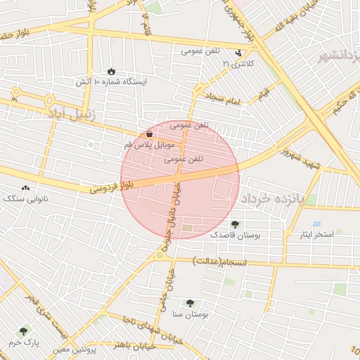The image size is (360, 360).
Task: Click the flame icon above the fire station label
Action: point(111,71)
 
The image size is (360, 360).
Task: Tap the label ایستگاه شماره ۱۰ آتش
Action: point(112,82)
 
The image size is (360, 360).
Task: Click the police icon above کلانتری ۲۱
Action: point(239,53)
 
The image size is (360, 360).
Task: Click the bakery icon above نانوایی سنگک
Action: point(26,188)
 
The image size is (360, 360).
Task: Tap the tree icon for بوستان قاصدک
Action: point(234,224)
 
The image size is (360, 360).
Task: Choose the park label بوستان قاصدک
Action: point(234,236)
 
